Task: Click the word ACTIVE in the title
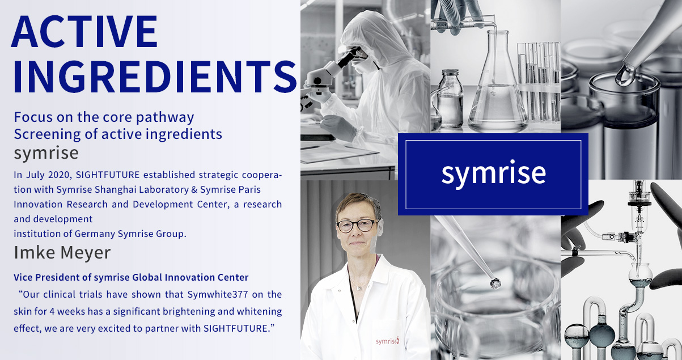[84, 31]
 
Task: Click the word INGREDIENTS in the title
[155, 77]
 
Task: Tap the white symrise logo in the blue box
[494, 173]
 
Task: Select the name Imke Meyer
[62, 253]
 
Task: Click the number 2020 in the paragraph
[60, 175]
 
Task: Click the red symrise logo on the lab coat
[387, 341]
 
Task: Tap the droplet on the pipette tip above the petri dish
[495, 284]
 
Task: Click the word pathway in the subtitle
[165, 117]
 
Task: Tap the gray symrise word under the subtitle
[46, 153]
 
